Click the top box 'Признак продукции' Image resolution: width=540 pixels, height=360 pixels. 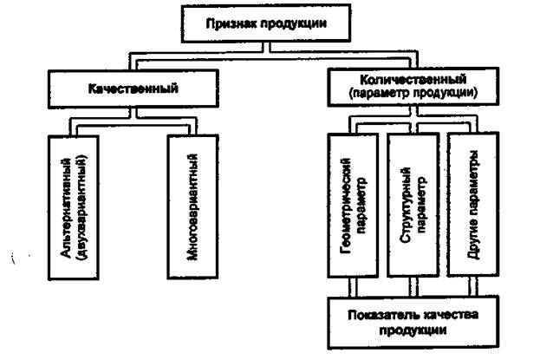tap(266, 23)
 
